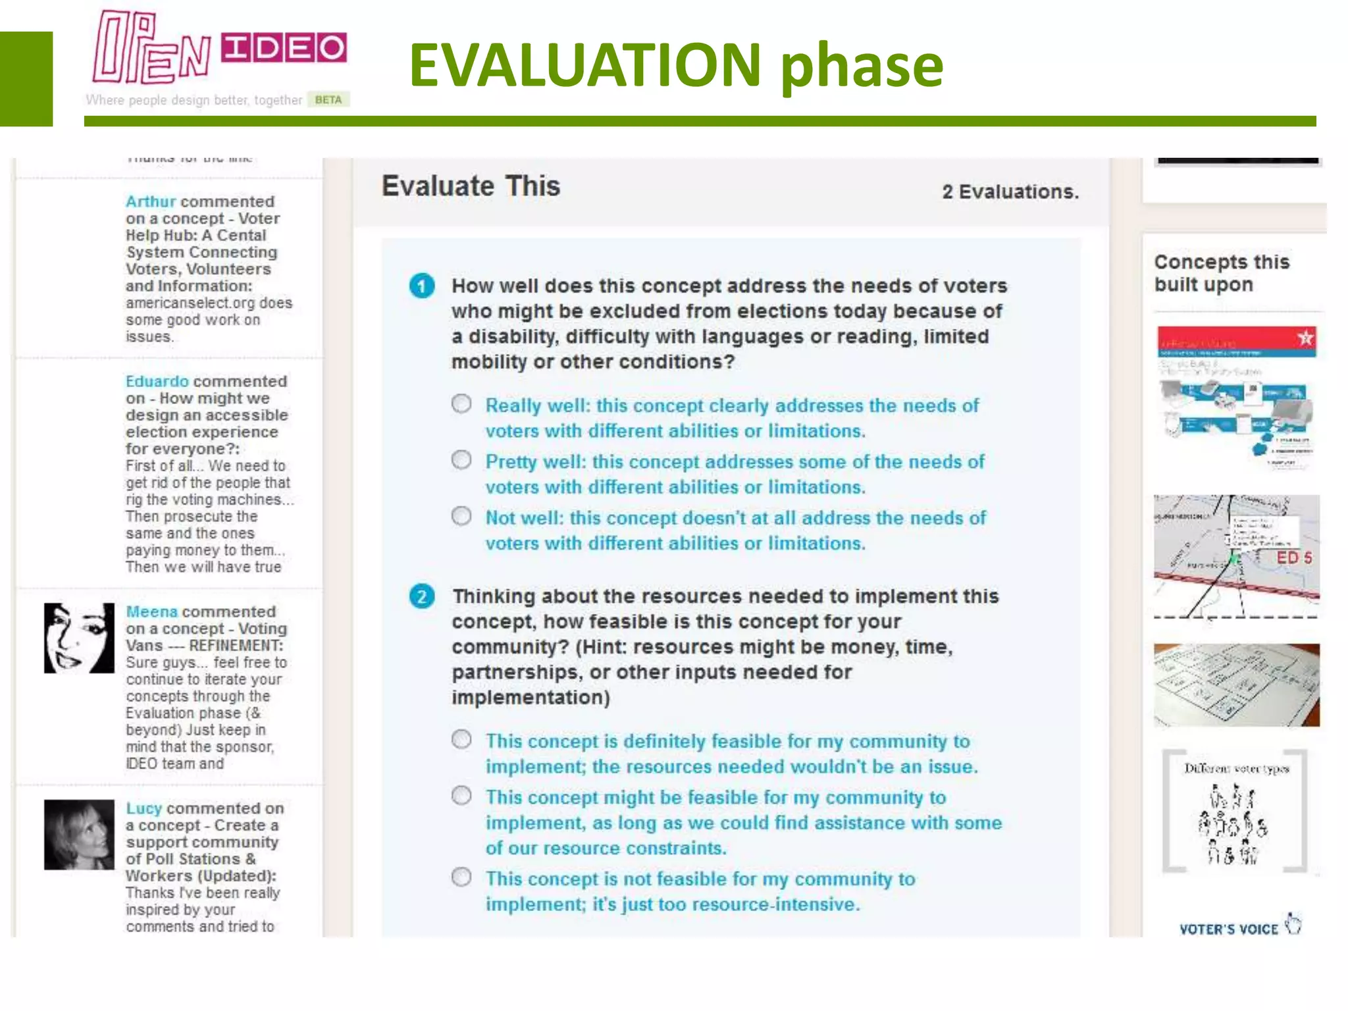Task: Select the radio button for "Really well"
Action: coord(461,403)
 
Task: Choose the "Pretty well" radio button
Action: coord(461,459)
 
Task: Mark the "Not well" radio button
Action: coord(461,515)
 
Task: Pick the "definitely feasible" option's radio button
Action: coord(461,739)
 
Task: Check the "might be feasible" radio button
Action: coord(461,795)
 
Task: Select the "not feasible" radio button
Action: coord(461,877)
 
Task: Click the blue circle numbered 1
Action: coord(422,286)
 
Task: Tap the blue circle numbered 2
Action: coord(422,596)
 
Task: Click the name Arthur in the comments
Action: coord(151,201)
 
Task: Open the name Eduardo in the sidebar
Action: coord(157,381)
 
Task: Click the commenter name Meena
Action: coord(151,611)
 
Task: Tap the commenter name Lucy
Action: coord(143,808)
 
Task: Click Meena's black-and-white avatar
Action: coord(79,638)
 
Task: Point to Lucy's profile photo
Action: coord(79,835)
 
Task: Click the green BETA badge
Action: coord(328,100)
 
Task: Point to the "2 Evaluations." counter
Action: coord(1010,192)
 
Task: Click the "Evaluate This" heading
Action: coord(471,186)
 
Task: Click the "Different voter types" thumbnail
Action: coord(1235,812)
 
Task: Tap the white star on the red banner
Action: coord(1305,338)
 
